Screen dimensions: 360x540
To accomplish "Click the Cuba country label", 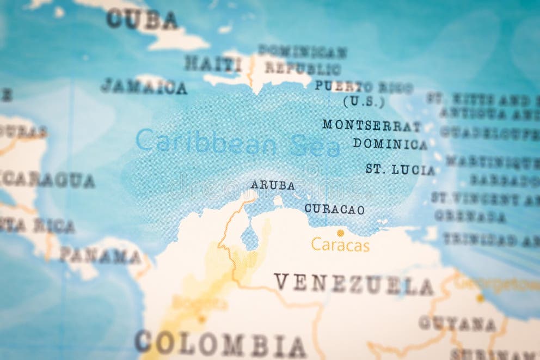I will point(142,20).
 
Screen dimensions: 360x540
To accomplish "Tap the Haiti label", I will point(213,64).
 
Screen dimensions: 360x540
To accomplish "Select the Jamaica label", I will point(144,86).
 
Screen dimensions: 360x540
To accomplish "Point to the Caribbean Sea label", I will point(238,143).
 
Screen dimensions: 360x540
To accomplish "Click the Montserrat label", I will point(372,125).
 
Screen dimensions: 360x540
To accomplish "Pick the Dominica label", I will point(390,144).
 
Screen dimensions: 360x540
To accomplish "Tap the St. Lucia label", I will point(400,169).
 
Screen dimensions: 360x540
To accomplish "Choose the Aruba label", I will point(273,185).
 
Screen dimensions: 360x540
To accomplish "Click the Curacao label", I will point(334,209).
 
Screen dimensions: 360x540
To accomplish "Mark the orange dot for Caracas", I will point(340,233).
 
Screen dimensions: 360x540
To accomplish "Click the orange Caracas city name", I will point(340,246).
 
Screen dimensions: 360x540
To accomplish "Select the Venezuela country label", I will point(353,284).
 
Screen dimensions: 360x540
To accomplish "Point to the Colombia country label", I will point(220,344).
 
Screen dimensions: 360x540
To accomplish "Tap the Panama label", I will point(100,255).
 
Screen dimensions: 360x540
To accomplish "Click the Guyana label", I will point(457,324).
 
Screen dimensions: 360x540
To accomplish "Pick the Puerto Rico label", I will point(364,87).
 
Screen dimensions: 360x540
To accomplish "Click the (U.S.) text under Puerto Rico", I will point(364,101).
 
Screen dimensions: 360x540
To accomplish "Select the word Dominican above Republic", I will point(303,52).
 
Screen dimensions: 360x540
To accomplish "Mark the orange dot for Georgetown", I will point(480,298).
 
